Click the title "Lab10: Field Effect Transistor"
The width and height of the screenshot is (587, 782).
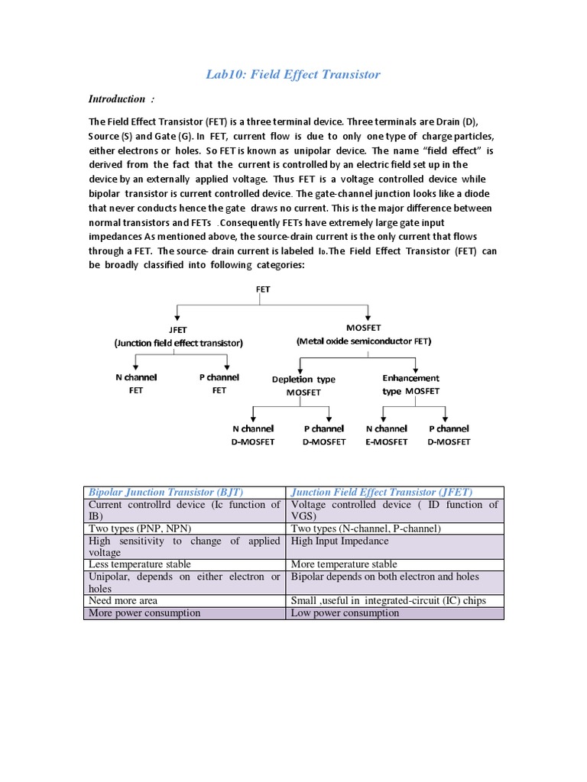coord(293,74)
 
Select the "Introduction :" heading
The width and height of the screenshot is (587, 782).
coord(120,99)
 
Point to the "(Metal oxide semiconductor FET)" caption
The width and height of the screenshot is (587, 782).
coord(364,341)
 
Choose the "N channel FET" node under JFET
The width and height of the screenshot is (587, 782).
coord(135,383)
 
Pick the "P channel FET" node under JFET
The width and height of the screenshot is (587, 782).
coord(219,383)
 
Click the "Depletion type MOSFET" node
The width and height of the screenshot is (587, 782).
coord(303,386)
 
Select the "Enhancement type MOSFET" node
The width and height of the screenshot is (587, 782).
coord(410,384)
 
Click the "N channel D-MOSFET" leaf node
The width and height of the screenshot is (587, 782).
coord(256,435)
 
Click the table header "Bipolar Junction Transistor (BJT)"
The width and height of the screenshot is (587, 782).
coord(166,493)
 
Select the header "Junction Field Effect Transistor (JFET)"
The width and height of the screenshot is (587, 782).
coord(381,493)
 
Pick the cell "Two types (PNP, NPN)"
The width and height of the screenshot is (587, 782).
coord(141,528)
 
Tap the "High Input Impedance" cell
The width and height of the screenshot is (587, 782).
coord(339,541)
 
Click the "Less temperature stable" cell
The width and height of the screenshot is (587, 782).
coord(140,564)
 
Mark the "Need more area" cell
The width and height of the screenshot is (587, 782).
coord(125,601)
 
